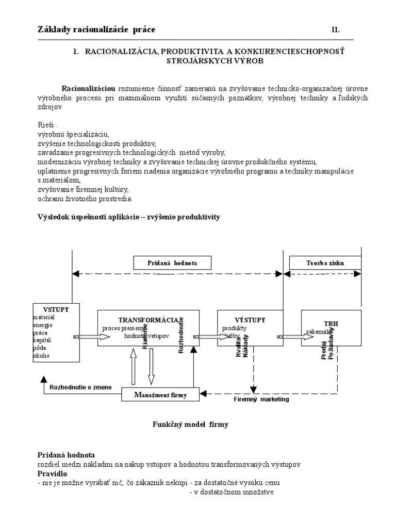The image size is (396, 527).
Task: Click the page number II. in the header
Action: pyautogui.click(x=335, y=30)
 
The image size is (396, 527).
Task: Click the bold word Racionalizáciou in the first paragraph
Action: pyautogui.click(x=89, y=88)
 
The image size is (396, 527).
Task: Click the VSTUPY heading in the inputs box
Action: pyautogui.click(x=56, y=309)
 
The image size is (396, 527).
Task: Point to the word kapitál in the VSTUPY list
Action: pyautogui.click(x=42, y=340)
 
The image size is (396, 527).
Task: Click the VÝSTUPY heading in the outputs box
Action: pyautogui.click(x=250, y=319)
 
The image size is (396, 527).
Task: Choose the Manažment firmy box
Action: pyautogui.click(x=160, y=395)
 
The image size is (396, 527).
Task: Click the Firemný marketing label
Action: pyautogui.click(x=261, y=399)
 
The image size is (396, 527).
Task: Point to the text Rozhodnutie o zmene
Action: pyautogui.click(x=80, y=387)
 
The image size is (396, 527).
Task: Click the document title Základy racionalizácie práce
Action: pyautogui.click(x=96, y=30)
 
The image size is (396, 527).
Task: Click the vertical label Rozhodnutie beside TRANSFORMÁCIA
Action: pyautogui.click(x=181, y=335)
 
